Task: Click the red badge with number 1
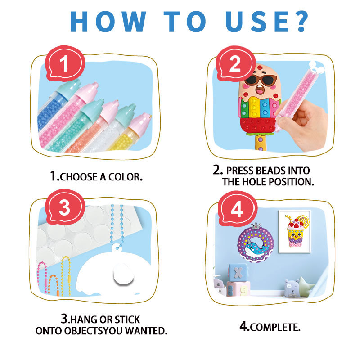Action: [65, 63]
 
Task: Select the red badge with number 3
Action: [65, 207]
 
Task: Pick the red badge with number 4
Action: [238, 208]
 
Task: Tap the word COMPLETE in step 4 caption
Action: [275, 327]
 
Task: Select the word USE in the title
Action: [256, 22]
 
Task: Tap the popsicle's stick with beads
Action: [261, 143]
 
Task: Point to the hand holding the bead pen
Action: [303, 124]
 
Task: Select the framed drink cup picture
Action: [295, 232]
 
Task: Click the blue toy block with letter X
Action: [238, 273]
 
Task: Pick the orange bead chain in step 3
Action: [53, 285]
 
